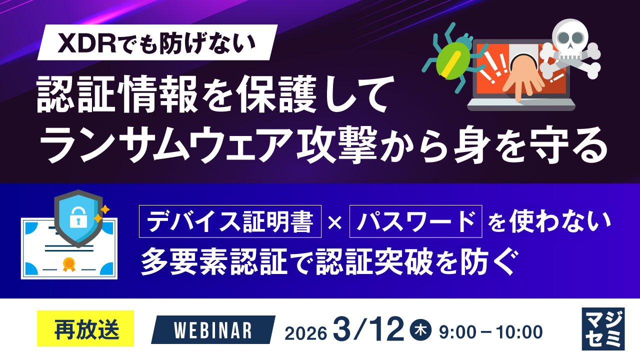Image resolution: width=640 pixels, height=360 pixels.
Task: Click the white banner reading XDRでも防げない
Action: (158, 43)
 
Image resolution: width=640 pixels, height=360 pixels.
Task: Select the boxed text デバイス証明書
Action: (230, 220)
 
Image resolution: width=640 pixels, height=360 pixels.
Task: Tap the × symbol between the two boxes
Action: (335, 221)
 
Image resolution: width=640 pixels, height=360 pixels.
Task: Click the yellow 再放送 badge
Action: (85, 328)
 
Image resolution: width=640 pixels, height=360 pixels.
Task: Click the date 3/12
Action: (370, 330)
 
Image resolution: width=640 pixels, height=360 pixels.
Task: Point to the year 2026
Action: (306, 332)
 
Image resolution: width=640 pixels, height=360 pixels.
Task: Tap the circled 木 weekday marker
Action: (420, 330)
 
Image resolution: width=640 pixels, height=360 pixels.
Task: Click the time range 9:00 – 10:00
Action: (490, 331)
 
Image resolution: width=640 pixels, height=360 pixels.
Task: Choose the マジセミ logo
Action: (603, 328)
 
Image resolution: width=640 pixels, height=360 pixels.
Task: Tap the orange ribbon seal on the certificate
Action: (68, 264)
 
